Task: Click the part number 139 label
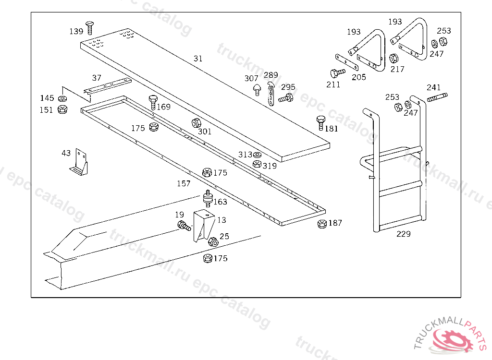tap(76, 31)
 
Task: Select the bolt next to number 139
tap(89, 27)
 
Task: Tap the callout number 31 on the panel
tap(198, 59)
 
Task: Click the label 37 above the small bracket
tap(97, 78)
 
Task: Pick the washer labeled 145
tap(62, 99)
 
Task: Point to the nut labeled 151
tap(62, 110)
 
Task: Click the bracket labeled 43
tap(79, 163)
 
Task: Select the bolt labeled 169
tap(153, 102)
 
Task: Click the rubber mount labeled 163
tap(208, 199)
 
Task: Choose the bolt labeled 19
tap(184, 226)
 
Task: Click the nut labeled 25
tap(213, 241)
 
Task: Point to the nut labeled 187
tap(322, 224)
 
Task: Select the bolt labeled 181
tap(320, 123)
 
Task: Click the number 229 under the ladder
tap(404, 234)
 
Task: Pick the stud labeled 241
tap(436, 97)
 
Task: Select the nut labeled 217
tap(393, 59)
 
